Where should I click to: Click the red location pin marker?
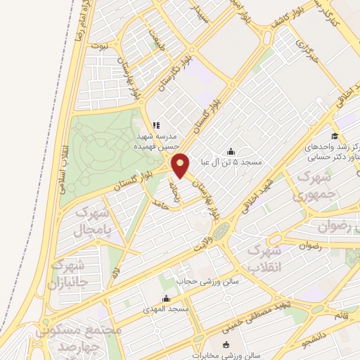tap(181, 165)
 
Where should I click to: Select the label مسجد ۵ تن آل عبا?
tap(231, 162)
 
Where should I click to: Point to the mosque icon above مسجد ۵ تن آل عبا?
tap(231, 150)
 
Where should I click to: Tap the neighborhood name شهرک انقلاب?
tap(265, 258)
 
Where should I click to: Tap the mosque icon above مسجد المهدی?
tap(165, 297)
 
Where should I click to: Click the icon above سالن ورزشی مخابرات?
tap(226, 344)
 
